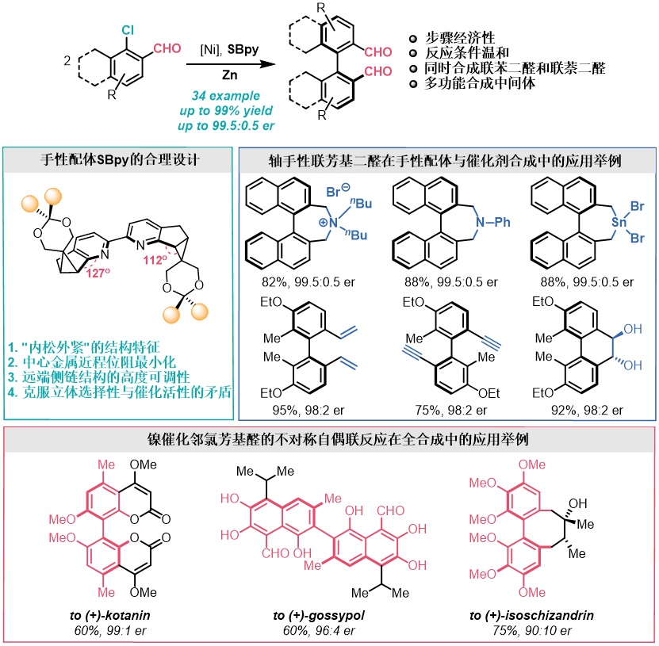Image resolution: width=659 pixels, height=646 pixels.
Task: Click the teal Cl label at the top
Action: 128,30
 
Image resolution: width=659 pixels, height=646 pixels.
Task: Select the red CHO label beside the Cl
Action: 167,48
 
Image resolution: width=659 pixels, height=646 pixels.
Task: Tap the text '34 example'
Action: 226,96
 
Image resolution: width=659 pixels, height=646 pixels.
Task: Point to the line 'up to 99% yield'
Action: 226,111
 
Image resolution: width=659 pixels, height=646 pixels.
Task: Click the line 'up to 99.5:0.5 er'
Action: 226,126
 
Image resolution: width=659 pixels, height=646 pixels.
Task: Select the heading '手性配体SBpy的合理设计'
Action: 120,159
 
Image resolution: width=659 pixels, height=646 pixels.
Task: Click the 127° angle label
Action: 98,273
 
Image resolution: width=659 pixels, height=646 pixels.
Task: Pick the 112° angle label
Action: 155,260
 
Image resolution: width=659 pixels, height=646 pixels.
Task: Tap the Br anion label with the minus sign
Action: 338,190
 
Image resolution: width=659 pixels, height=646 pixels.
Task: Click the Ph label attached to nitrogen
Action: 502,222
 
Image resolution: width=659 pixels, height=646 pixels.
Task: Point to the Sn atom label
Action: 619,223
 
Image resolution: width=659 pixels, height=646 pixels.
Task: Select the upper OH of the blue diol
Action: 633,329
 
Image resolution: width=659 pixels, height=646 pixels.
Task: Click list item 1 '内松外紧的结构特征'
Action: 84,347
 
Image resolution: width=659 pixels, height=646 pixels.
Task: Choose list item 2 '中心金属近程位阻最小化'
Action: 92,362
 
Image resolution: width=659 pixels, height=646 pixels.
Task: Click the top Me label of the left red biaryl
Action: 106,464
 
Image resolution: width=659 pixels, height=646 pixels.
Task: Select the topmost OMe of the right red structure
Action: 532,464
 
